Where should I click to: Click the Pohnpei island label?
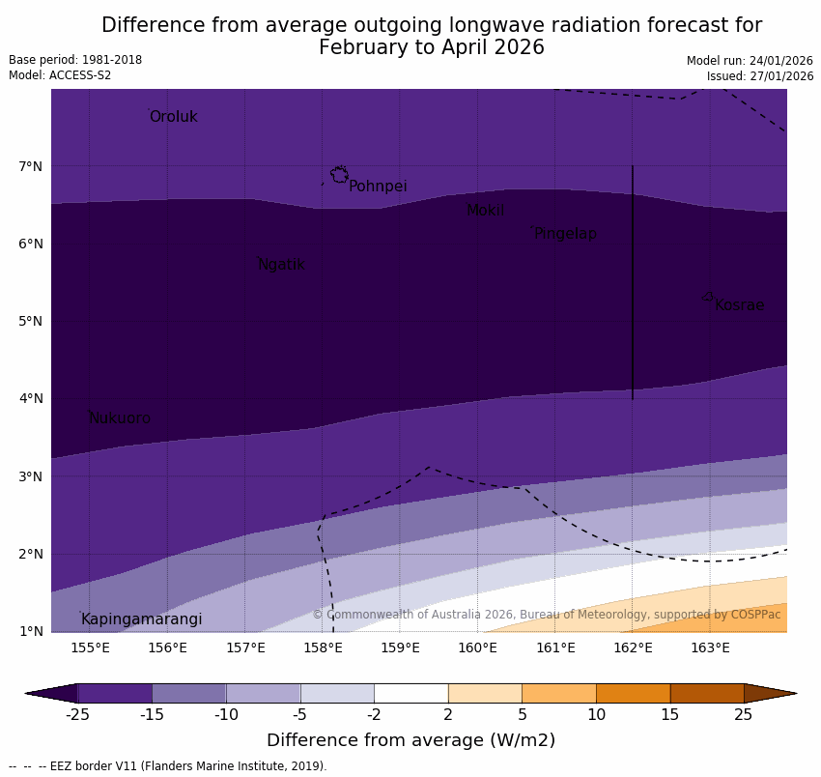click(378, 187)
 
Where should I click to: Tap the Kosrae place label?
click(739, 305)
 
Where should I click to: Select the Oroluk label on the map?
click(173, 117)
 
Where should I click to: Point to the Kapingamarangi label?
click(141, 619)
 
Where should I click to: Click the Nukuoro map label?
click(120, 418)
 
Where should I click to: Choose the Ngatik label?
click(281, 265)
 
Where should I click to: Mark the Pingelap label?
click(565, 234)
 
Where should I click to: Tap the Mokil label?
click(485, 211)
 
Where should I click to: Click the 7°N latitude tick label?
click(31, 167)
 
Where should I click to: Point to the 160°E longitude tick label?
click(477, 647)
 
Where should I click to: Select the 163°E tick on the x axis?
click(710, 647)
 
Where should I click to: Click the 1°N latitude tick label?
click(31, 632)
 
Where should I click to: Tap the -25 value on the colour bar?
click(77, 715)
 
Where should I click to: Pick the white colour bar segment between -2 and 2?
click(410, 693)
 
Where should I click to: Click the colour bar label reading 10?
click(596, 715)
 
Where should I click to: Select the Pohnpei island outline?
click(339, 175)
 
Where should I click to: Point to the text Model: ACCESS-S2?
click(60, 75)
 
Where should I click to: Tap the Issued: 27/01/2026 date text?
click(759, 76)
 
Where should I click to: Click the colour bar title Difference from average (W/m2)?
click(410, 741)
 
